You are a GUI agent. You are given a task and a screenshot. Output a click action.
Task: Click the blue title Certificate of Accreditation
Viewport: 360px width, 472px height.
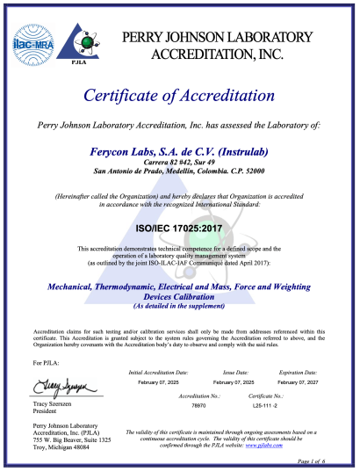[179, 95]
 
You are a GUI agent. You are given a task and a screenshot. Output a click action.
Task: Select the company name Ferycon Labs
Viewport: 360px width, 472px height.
[179, 151]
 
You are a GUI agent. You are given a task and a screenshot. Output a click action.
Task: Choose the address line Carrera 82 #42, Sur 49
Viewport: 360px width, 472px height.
[179, 163]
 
